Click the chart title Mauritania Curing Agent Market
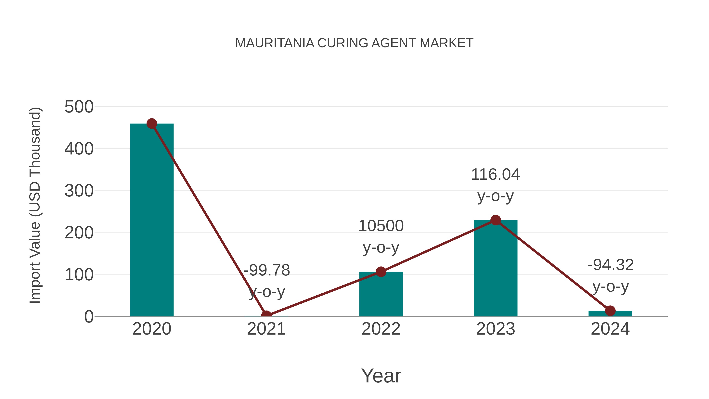coord(354,43)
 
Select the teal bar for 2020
coord(152,220)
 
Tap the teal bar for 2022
coord(381,295)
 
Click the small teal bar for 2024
coord(610,314)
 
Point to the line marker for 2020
coord(152,124)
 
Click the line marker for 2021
coord(266,316)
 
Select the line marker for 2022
coord(381,272)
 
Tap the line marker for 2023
coord(496,220)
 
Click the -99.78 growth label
coord(267,270)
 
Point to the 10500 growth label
coord(381,226)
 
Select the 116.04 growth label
coord(496,174)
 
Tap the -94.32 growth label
coord(611,265)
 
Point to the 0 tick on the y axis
coord(89,317)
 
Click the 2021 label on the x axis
coord(266,329)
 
